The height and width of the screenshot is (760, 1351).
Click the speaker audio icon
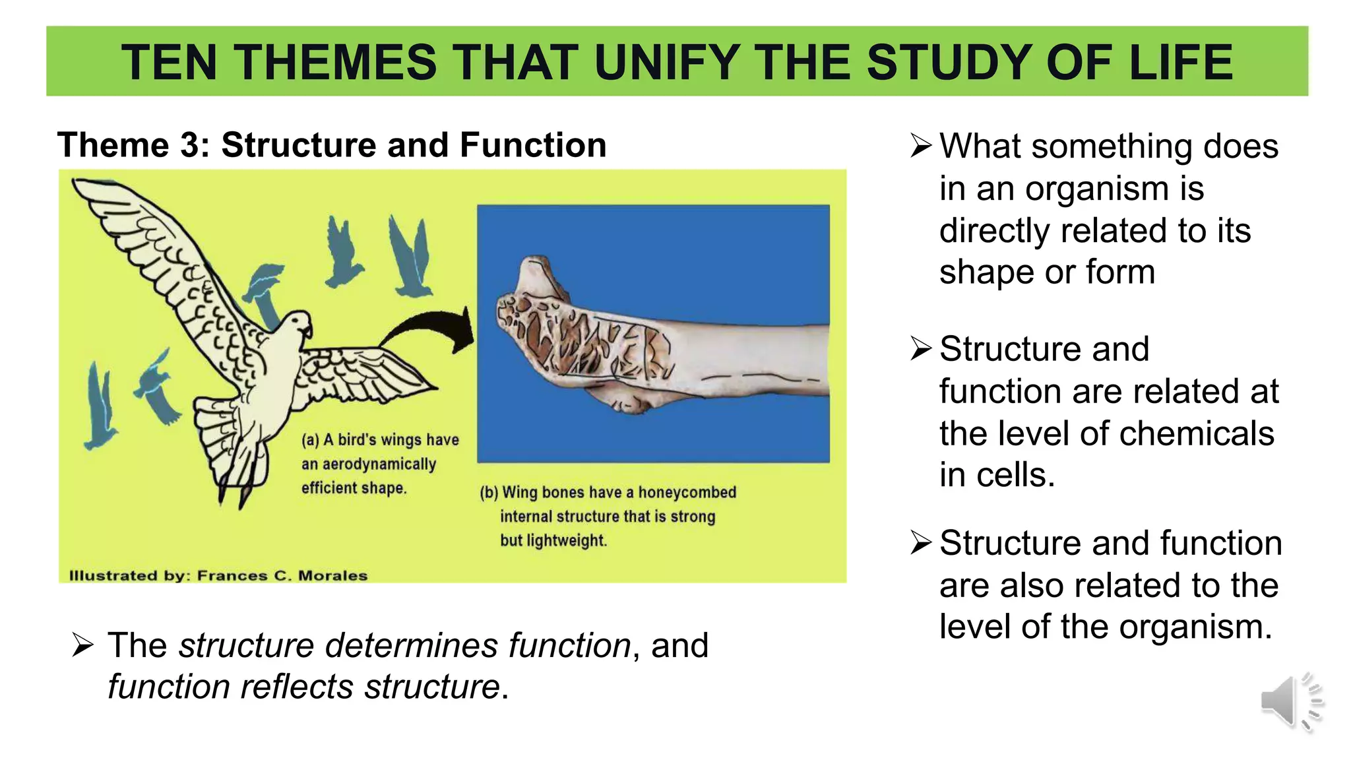click(x=1291, y=703)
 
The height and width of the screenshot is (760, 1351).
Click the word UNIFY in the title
click(x=666, y=63)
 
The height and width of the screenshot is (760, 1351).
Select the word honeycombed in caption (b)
click(x=687, y=493)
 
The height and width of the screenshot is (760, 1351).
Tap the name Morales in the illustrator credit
click(x=332, y=575)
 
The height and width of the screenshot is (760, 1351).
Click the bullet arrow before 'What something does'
click(x=921, y=145)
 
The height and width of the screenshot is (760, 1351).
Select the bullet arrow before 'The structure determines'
click(x=83, y=645)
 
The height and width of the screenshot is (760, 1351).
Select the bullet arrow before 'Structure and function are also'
click(x=921, y=542)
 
